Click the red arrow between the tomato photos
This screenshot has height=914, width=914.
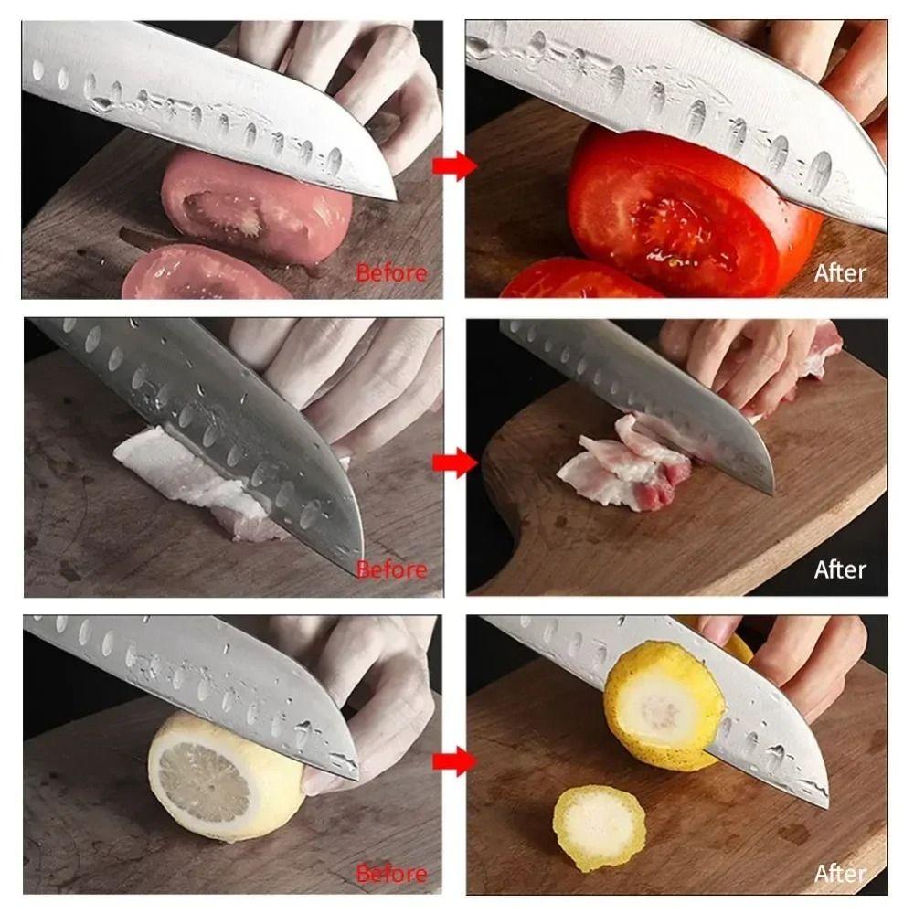[454, 165]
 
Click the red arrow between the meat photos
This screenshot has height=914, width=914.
[454, 463]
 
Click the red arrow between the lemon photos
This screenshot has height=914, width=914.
[454, 760]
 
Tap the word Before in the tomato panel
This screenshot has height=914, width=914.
[391, 272]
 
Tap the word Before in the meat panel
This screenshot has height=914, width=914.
[391, 569]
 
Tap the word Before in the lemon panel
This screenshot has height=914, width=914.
[391, 874]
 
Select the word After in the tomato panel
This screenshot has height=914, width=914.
[840, 272]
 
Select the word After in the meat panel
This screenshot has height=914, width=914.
[840, 569]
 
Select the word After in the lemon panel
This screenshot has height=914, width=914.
[840, 874]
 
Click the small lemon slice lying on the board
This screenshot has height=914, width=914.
[599, 828]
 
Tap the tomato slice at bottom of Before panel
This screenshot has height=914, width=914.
[201, 274]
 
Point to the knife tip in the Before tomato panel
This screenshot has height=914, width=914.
[391, 196]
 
